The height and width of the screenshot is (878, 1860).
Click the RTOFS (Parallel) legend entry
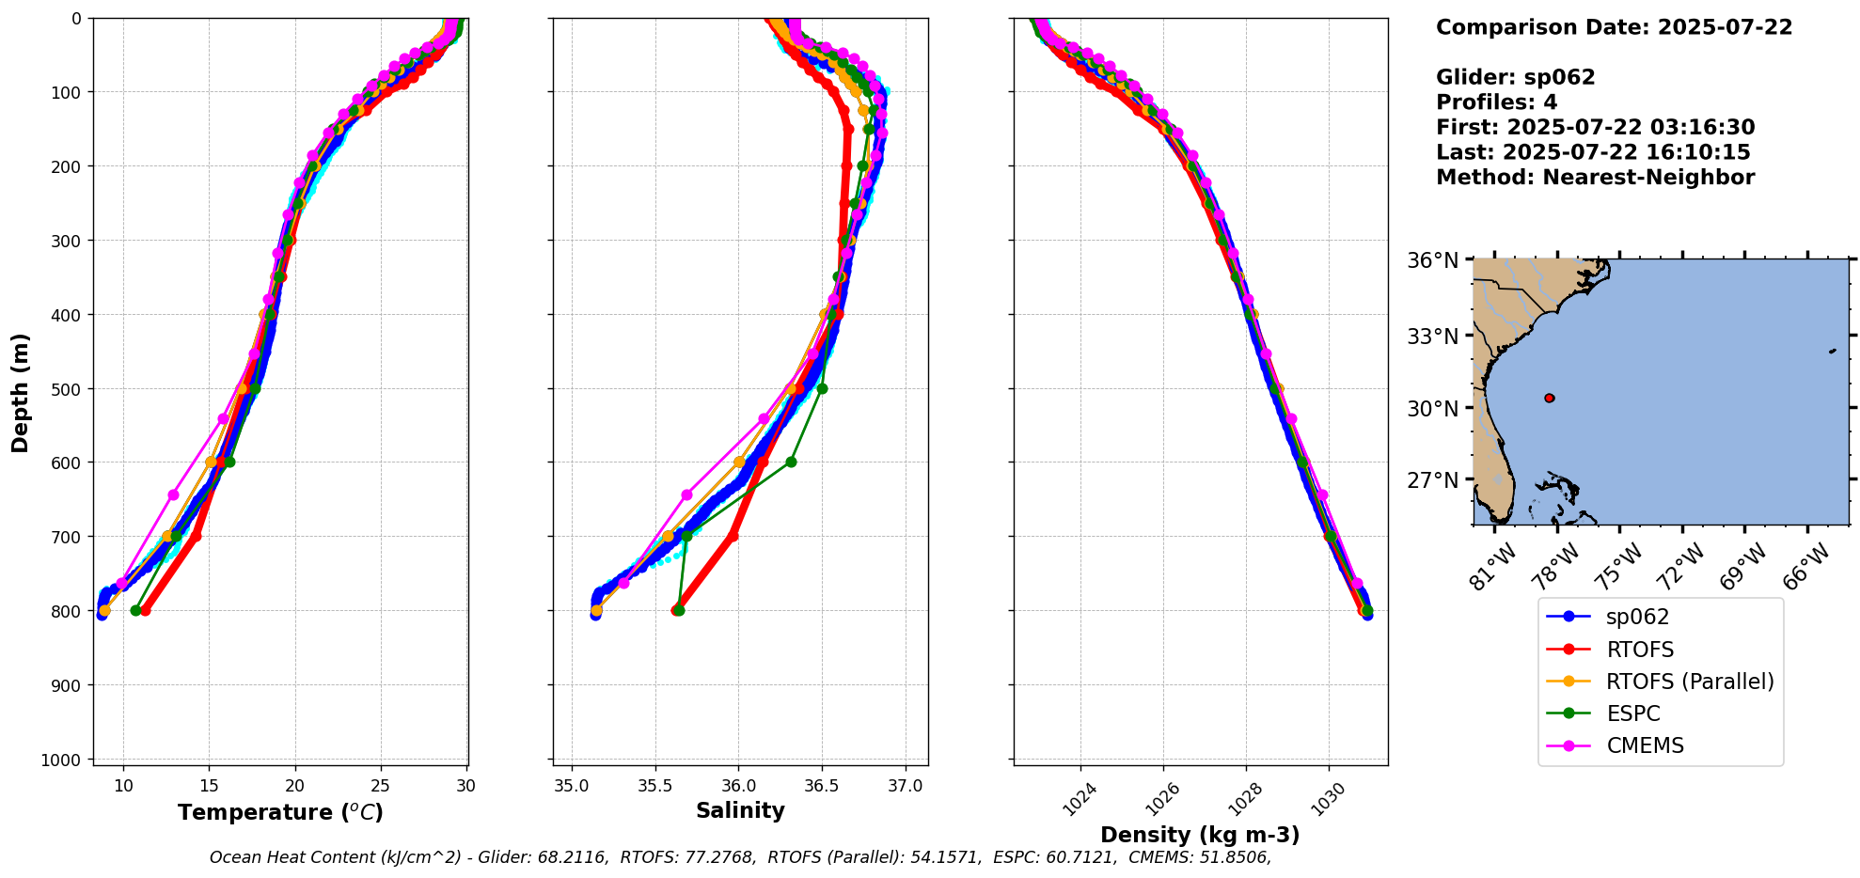point(1689,682)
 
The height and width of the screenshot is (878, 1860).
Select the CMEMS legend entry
point(1645,745)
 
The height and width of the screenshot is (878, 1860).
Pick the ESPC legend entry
point(1632,713)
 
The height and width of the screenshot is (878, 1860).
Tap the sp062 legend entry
point(1637,617)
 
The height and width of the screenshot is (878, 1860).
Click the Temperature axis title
point(280,812)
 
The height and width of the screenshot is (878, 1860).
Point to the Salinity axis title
point(740,810)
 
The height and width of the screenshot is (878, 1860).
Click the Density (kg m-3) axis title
point(1200,835)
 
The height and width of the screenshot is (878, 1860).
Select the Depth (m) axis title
point(21,392)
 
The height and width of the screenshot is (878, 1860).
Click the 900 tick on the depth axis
point(67,685)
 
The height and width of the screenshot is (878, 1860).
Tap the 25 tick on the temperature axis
point(381,786)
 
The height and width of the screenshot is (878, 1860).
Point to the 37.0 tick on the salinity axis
point(906,786)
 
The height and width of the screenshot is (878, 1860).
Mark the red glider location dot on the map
point(1549,398)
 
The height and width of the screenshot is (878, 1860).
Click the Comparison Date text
point(1614,27)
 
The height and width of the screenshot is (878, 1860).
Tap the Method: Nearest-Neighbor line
point(1595,178)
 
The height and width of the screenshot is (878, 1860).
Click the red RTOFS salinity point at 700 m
point(733,536)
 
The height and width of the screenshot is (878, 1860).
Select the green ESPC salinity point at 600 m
point(791,462)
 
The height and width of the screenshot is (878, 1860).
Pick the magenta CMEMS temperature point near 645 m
point(173,494)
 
